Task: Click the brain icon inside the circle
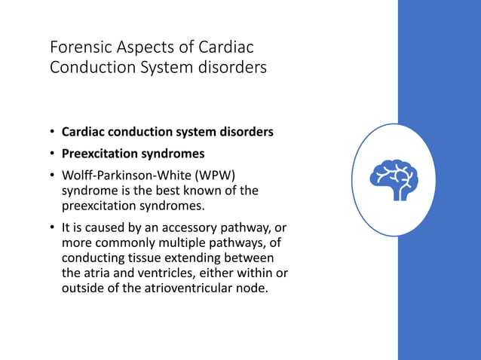[394, 180]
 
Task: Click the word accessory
[183, 228]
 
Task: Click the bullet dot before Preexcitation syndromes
[53, 154]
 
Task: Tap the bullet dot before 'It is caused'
[53, 228]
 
